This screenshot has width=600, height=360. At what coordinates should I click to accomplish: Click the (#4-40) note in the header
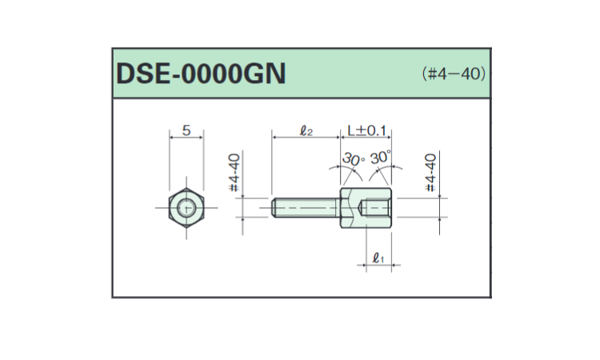tap(454, 74)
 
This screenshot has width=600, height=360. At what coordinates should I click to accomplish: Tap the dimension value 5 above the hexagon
tap(186, 129)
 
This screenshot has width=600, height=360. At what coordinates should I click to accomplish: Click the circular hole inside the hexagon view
tap(187, 209)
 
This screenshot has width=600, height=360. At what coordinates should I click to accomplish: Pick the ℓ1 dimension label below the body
tap(379, 258)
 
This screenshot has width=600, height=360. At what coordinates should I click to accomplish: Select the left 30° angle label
tap(353, 158)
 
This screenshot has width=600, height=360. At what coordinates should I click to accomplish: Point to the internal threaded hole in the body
tap(376, 209)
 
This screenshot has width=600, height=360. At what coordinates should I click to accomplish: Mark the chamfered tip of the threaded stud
tap(274, 208)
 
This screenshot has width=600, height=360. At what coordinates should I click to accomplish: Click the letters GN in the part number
tap(264, 74)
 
